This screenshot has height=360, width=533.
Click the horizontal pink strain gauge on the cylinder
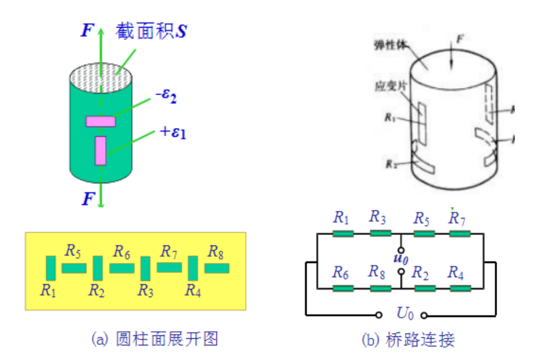[101, 122]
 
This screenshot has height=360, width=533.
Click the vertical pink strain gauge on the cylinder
[100, 150]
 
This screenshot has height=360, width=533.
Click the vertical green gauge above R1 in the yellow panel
[51, 268]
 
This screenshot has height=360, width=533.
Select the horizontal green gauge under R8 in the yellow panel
[216, 268]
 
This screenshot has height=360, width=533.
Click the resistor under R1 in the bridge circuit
[343, 233]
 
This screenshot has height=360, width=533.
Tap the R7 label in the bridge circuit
[459, 218]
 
